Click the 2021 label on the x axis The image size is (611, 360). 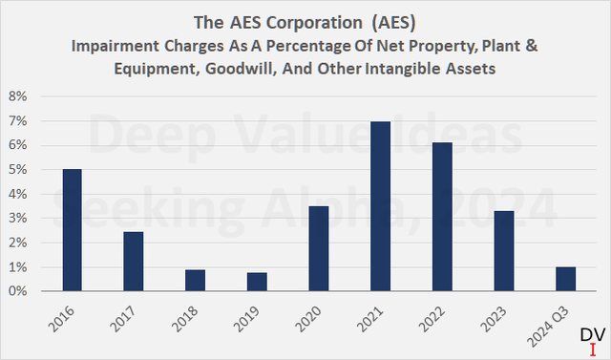click(x=379, y=316)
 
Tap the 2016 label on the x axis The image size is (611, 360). click(x=69, y=316)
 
